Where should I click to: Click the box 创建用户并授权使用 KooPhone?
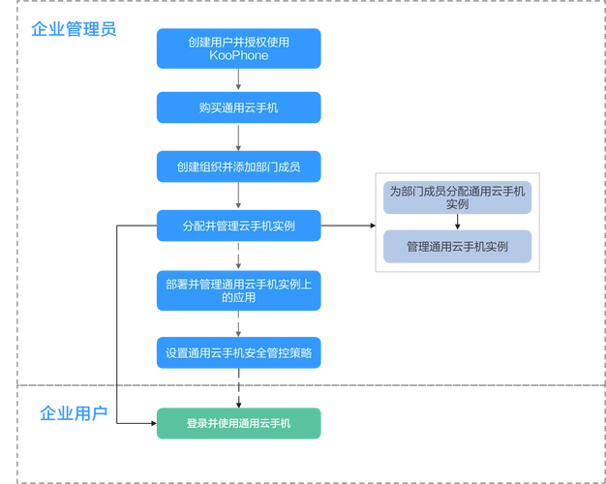click(238, 48)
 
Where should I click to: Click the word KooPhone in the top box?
click(238, 56)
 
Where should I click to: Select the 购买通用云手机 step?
click(238, 107)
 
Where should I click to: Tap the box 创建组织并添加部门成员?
click(238, 166)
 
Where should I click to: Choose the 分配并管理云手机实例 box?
click(238, 226)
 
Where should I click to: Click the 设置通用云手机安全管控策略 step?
click(238, 353)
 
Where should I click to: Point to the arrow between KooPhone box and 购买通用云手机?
click(238, 80)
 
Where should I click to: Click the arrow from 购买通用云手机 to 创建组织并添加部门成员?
click(238, 137)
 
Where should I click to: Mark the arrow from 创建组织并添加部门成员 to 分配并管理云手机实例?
click(238, 197)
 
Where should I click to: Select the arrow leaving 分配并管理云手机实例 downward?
click(238, 257)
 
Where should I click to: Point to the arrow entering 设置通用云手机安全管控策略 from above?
click(238, 325)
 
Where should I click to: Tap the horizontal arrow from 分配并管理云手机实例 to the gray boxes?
click(348, 226)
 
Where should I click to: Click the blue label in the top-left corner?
click(73, 27)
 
